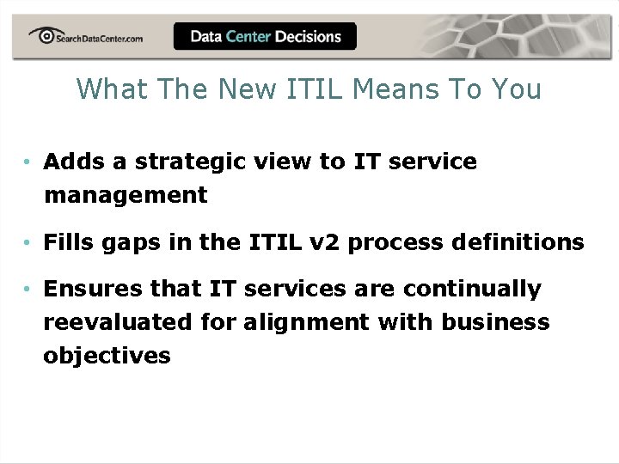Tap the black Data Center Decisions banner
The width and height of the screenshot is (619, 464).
click(265, 36)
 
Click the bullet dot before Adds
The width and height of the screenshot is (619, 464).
click(28, 162)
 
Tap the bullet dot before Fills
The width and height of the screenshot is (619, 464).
click(28, 243)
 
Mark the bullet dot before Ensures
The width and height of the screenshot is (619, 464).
click(28, 290)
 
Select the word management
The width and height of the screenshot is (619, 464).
click(126, 196)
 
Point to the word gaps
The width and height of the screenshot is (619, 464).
click(137, 243)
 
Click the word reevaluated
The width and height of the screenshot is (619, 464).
click(118, 322)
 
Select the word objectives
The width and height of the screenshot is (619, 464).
click(107, 356)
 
